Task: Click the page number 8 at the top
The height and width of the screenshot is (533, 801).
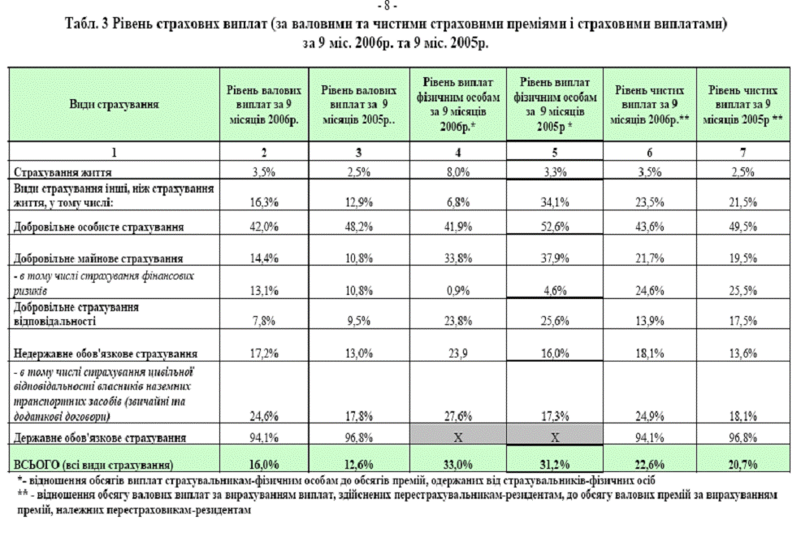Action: pyautogui.click(x=400, y=6)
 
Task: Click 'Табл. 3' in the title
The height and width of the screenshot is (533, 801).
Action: pyautogui.click(x=85, y=25)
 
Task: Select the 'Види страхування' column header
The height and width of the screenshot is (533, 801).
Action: pyautogui.click(x=114, y=106)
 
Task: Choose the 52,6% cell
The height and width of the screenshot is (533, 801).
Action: pyautogui.click(x=557, y=227)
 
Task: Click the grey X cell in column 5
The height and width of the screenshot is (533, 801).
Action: pyautogui.click(x=557, y=438)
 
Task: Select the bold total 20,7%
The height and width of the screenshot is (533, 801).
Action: pyautogui.click(x=747, y=465)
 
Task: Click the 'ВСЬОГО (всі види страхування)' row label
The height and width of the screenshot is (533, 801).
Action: pyautogui.click(x=93, y=465)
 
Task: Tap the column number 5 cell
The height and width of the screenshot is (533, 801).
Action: pyautogui.click(x=557, y=152)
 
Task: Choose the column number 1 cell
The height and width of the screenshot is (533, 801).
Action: pyautogui.click(x=114, y=152)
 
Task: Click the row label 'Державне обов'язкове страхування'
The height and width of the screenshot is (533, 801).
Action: pyautogui.click(x=97, y=438)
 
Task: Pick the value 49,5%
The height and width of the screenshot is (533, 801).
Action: pyautogui.click(x=747, y=227)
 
